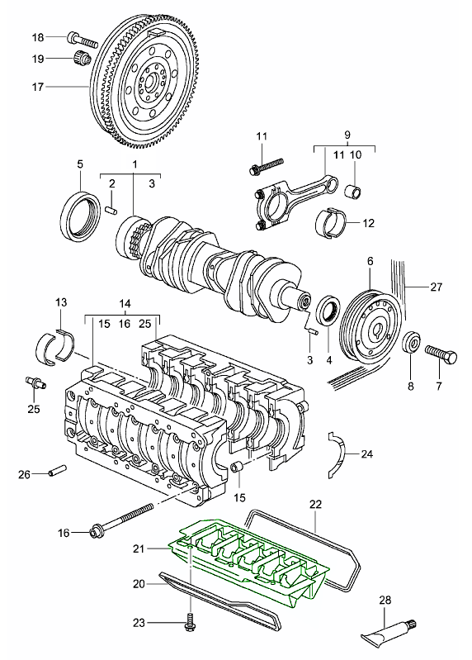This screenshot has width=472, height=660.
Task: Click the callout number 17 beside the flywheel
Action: pos(38,87)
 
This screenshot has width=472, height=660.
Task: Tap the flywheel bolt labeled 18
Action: pos(82,40)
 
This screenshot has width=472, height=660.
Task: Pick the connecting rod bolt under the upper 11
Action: pos(267,166)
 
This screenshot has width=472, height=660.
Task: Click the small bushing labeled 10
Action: pos(353,192)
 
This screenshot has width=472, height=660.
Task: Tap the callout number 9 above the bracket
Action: pos(347,135)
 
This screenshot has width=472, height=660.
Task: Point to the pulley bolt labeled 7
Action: pos(441,355)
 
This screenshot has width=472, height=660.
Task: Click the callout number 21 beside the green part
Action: pos(139,548)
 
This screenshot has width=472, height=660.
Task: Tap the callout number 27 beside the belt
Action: pos(437,287)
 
